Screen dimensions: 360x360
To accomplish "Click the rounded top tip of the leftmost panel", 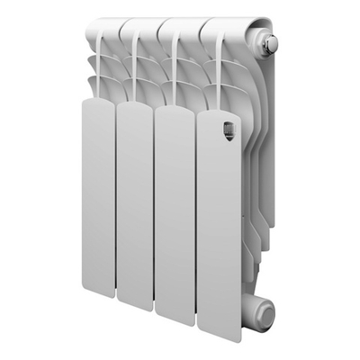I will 98,102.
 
